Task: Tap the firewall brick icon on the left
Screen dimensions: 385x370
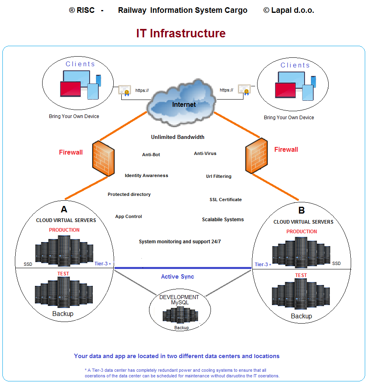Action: (x=103, y=158)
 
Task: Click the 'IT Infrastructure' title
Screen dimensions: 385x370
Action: (x=181, y=33)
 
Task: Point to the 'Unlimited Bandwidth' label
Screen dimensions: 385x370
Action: (x=178, y=137)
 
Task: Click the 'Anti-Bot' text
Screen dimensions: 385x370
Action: (x=151, y=155)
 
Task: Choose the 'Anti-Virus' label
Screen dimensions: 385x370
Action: (x=205, y=153)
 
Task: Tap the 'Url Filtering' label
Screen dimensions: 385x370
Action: (x=219, y=176)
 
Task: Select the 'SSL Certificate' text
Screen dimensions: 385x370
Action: (x=225, y=200)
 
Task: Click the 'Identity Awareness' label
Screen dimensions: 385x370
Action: (x=146, y=175)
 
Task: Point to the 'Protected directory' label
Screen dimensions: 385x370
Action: (x=129, y=194)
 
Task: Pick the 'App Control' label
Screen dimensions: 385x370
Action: (x=129, y=216)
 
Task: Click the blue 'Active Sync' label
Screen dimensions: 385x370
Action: (x=177, y=277)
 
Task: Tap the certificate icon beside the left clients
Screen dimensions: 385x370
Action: (x=125, y=90)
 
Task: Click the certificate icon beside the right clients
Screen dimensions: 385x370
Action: (x=244, y=90)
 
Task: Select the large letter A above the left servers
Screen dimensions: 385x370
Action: (x=64, y=209)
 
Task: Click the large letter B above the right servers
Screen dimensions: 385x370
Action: (x=301, y=211)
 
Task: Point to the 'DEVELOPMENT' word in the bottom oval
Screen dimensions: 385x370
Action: (x=179, y=297)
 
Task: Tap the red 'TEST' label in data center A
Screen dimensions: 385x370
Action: (x=63, y=274)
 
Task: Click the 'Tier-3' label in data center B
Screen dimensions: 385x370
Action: (x=261, y=265)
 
